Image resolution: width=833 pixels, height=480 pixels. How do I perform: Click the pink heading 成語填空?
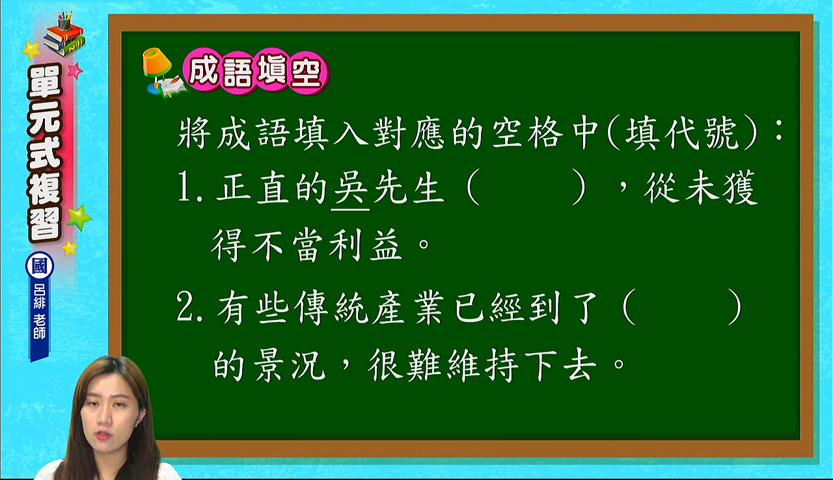[x=256, y=72]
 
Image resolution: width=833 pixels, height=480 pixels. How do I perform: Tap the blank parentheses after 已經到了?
[x=682, y=307]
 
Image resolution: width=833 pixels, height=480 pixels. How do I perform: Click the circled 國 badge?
[x=40, y=266]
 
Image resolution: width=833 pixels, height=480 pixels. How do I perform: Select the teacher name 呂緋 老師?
[x=40, y=312]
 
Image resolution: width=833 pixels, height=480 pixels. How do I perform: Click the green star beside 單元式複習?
[x=79, y=217]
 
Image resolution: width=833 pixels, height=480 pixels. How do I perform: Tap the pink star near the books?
[x=75, y=70]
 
